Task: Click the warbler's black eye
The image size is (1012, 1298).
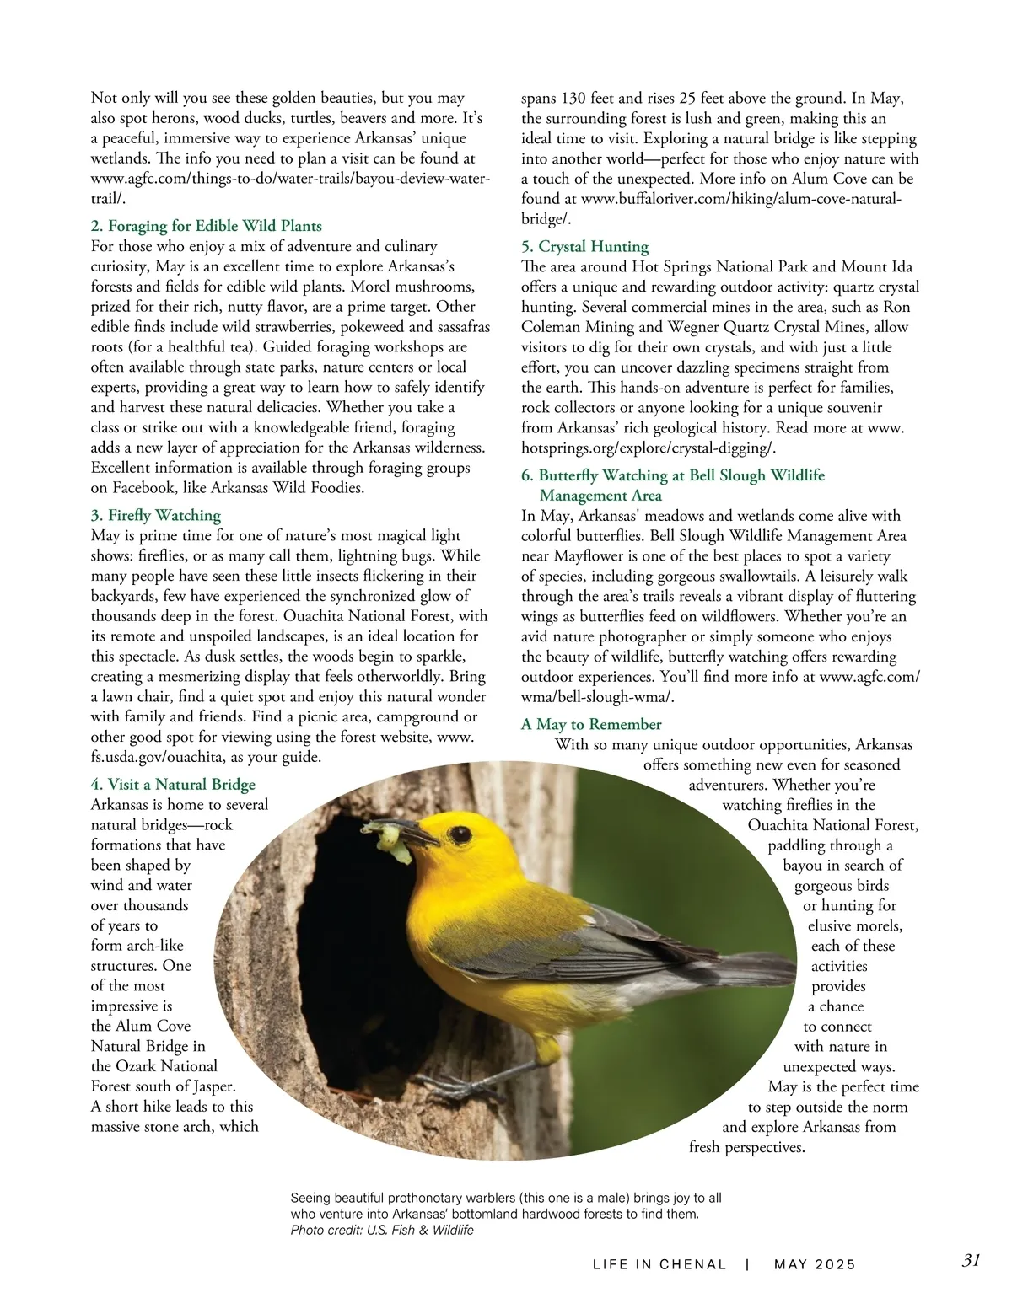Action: pos(460,834)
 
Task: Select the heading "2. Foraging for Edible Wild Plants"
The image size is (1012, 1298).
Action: pos(206,226)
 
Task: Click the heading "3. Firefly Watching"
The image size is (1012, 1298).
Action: pos(155,515)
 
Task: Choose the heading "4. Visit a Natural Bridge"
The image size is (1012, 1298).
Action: pos(173,785)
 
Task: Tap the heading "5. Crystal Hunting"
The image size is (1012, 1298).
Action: pos(584,246)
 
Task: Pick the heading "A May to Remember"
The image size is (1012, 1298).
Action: pos(591,724)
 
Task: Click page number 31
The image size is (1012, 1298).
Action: pos(971,1261)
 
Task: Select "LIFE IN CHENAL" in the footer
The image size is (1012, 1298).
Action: pos(659,1264)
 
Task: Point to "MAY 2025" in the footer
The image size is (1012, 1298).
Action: pos(815,1264)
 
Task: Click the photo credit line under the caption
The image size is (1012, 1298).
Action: pos(382,1231)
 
